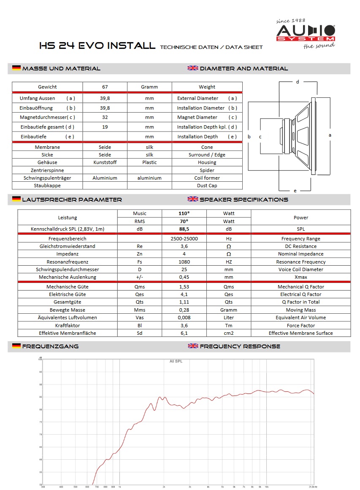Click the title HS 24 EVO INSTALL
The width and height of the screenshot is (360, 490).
click(97, 46)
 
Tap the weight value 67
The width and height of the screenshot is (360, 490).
click(105, 87)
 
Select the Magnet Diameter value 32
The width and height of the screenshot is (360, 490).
click(105, 117)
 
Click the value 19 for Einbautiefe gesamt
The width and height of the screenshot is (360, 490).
click(105, 127)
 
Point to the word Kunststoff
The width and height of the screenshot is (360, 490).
click(105, 162)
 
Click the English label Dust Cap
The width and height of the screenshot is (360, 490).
click(207, 186)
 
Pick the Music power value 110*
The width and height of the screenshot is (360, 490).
click(184, 213)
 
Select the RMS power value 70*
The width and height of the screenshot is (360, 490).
click(184, 221)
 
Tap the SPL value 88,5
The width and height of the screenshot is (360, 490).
click(184, 229)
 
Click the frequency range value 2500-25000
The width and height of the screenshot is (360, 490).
click(184, 239)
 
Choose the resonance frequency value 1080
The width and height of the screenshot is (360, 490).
click(184, 262)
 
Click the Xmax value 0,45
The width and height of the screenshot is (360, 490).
click(184, 277)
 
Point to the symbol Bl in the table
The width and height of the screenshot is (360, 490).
click(140, 326)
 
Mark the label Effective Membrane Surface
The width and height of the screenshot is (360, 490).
click(300, 333)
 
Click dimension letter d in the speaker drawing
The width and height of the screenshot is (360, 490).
click(298, 82)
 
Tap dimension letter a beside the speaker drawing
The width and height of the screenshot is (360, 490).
click(330, 135)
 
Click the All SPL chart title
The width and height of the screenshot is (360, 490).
click(176, 361)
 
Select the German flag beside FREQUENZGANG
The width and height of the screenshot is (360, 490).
click(16, 346)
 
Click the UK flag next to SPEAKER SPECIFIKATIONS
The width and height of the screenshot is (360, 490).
click(193, 199)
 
